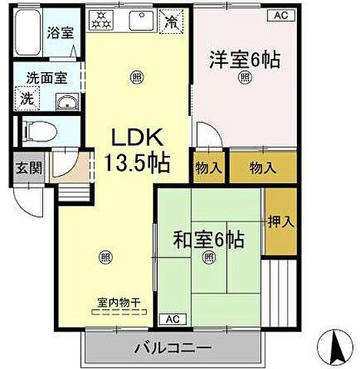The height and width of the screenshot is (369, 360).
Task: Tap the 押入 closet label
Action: pyautogui.click(x=281, y=222)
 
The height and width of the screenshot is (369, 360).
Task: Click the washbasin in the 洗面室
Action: pyautogui.click(x=65, y=103)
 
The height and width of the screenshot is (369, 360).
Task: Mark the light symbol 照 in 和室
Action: pyautogui.click(x=208, y=259)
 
